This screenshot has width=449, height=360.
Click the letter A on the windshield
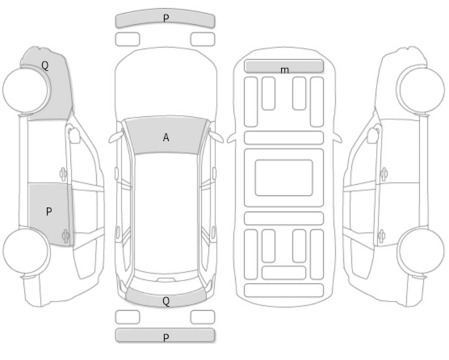(166, 138)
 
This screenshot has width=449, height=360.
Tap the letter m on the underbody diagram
(284, 70)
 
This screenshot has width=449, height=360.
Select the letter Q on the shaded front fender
(45, 65)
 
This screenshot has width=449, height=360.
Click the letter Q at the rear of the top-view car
(166, 301)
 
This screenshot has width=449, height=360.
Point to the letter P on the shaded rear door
(49, 211)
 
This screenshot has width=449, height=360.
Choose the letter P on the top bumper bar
(166, 19)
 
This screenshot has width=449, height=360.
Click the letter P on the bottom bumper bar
(166, 337)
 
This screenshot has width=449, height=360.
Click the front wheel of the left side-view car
(26, 90)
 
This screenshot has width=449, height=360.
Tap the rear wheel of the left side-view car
(26, 251)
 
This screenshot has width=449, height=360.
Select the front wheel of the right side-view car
(422, 90)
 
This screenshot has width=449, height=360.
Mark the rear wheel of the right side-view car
(422, 251)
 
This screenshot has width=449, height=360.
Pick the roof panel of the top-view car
(166, 213)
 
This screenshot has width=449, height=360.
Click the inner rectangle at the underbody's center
(283, 178)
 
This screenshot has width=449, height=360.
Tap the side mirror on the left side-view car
(74, 136)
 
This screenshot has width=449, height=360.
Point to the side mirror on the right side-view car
(373, 136)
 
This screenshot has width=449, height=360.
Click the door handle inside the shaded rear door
(65, 236)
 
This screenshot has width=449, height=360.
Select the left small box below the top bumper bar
(128, 40)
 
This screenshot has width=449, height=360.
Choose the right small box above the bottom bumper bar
(203, 317)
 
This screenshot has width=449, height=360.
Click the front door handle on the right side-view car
(384, 174)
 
